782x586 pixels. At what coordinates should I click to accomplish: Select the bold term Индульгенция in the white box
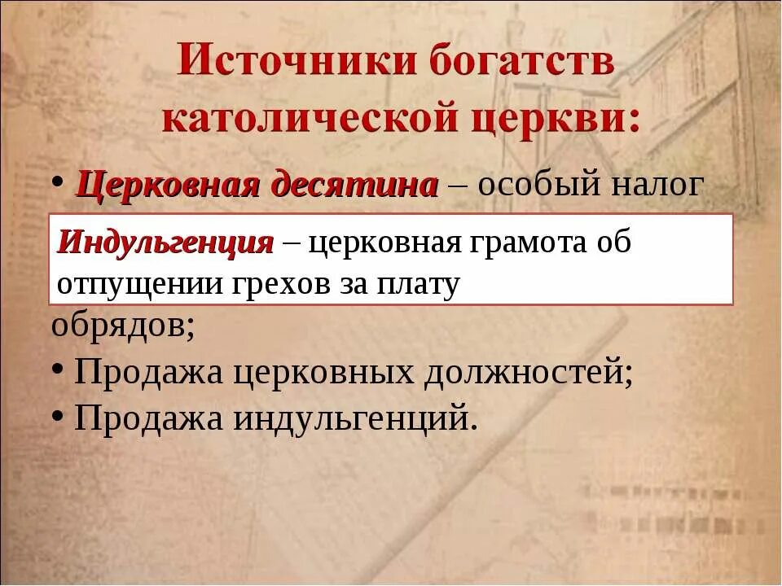(x=165, y=243)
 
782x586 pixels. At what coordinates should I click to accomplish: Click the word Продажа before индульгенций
(x=149, y=418)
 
